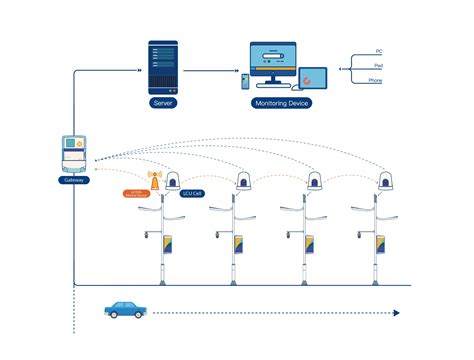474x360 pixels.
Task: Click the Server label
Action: pyautogui.click(x=163, y=103)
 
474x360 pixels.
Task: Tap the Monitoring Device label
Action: pyautogui.click(x=283, y=103)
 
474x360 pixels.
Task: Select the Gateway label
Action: pyautogui.click(x=74, y=180)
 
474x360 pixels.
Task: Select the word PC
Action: pyautogui.click(x=378, y=50)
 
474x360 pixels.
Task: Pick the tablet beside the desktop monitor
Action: pyautogui.click(x=312, y=77)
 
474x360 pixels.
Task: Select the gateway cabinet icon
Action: pyautogui.click(x=74, y=152)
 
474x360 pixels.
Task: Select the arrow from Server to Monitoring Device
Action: pyautogui.click(x=212, y=70)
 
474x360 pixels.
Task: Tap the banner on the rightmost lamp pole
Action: pyautogui.click(x=381, y=243)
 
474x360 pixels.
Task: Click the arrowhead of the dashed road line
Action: pyautogui.click(x=396, y=313)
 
